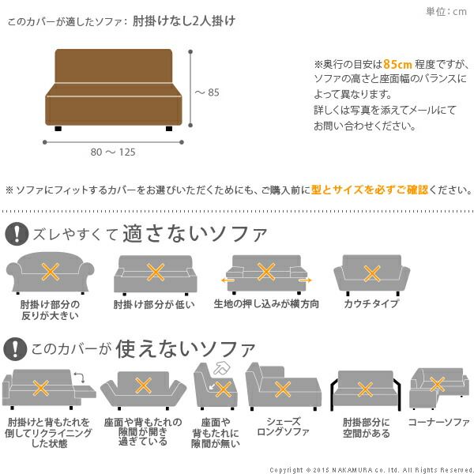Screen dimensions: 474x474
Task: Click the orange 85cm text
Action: [x=397, y=64]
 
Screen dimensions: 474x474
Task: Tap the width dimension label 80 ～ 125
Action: [x=113, y=152]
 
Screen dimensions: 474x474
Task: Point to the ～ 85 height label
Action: [x=207, y=92]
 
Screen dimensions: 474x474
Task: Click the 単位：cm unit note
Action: [x=446, y=12]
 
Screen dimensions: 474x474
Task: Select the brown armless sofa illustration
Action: [x=114, y=90]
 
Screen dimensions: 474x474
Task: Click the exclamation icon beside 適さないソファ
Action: [x=17, y=234]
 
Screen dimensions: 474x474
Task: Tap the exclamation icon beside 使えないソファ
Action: [x=15, y=349]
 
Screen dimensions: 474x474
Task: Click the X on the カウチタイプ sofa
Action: [x=372, y=274]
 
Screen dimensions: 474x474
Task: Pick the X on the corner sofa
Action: [x=437, y=384]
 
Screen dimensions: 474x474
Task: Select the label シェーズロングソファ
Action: [x=284, y=427]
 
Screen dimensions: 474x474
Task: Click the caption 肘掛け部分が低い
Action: [x=154, y=304]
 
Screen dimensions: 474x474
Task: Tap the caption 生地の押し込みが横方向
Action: [x=266, y=304]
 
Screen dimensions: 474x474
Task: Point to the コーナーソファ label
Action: [x=439, y=422]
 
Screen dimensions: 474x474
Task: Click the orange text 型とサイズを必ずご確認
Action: [x=370, y=190]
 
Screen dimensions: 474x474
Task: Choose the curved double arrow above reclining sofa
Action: [x=80, y=378]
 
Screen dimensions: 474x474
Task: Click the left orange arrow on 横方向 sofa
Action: [x=228, y=280]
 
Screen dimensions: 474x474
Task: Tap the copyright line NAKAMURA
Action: [x=371, y=470]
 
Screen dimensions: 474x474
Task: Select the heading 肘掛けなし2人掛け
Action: [x=184, y=21]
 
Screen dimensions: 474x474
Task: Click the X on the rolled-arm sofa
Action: [x=51, y=272]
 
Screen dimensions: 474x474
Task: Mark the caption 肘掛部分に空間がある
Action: [x=366, y=427]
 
